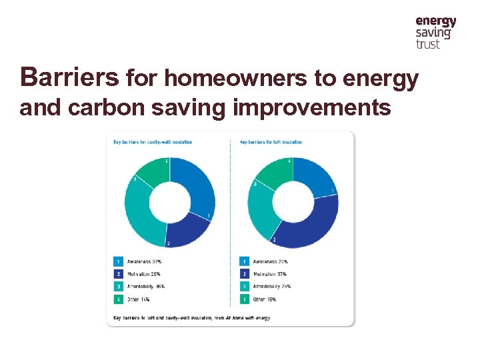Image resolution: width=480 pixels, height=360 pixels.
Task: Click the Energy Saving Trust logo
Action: [x=435, y=33]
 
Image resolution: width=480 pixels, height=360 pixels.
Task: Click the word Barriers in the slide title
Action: [x=70, y=78]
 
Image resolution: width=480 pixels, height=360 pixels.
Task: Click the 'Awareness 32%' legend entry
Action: [x=141, y=261]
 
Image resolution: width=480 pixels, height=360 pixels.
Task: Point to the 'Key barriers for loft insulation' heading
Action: [x=271, y=142]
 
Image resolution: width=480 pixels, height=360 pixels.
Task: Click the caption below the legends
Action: [x=191, y=318]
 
